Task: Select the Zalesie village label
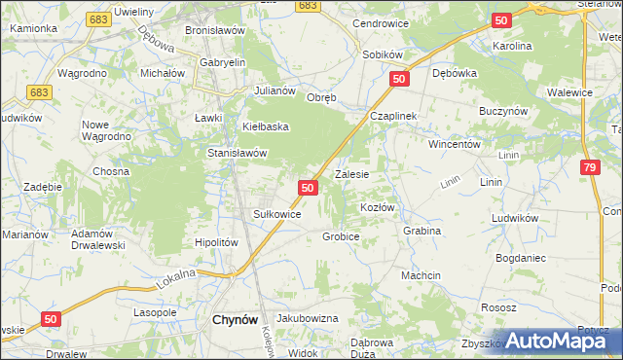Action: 351,175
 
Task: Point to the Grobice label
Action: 341,236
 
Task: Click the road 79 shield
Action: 588,168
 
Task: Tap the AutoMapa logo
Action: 565,341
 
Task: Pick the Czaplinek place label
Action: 393,115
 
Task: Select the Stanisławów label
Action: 238,153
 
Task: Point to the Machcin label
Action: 421,275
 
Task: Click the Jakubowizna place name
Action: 307,318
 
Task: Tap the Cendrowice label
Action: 380,22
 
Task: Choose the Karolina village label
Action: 512,46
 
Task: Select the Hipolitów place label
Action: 216,242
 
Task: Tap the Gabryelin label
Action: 223,62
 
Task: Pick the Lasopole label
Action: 155,313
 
